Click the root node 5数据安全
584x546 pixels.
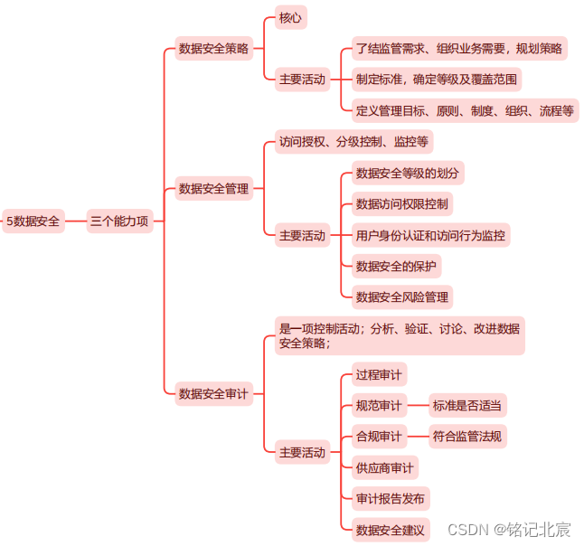pos(33,221)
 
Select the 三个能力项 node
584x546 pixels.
pos(119,221)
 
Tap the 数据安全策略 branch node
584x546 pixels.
pos(213,49)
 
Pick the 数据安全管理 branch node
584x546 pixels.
pos(213,189)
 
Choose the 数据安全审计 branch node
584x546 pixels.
pos(213,393)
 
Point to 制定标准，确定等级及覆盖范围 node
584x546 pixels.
pos(437,80)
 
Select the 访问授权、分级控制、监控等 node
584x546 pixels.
pos(353,141)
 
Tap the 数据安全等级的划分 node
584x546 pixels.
pos(408,173)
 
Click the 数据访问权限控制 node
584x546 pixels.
pos(401,203)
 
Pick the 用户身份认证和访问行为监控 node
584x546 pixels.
pos(430,235)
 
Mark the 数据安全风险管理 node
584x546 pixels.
pos(401,297)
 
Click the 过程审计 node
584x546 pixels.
pos(379,374)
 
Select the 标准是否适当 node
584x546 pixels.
pos(467,406)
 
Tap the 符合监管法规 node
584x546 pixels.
pos(467,437)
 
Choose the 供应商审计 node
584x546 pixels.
pos(384,467)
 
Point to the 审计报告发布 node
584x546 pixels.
pos(391,498)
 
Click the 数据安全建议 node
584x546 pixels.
pos(391,529)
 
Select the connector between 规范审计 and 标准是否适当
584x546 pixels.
pos(417,406)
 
